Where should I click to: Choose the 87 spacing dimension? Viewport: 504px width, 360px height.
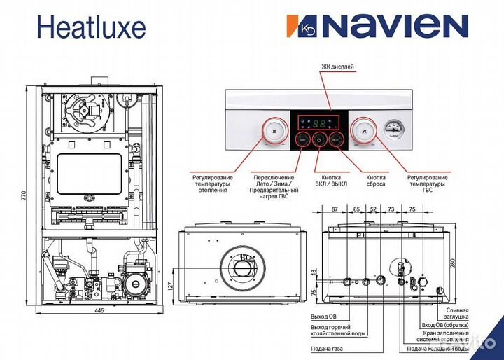coord(335,209)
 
